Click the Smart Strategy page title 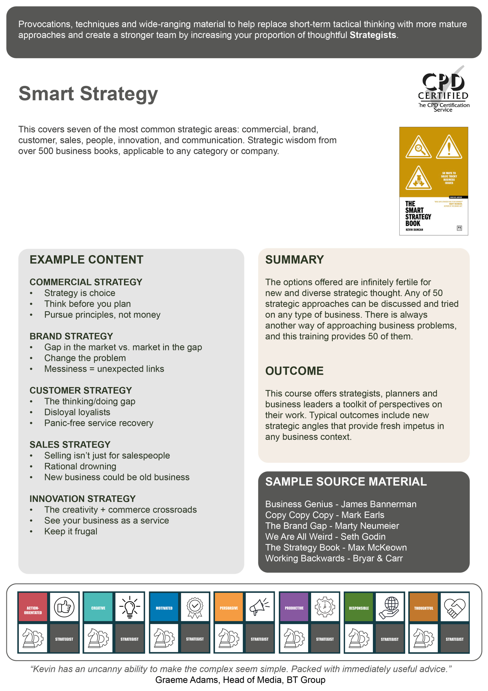(88, 94)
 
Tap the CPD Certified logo (444, 89)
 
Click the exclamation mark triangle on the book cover (449, 147)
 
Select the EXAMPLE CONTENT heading (86, 260)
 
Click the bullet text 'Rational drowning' (80, 466)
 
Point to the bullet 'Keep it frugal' (71, 531)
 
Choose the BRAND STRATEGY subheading (71, 336)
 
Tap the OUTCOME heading (294, 371)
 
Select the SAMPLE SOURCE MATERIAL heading (346, 482)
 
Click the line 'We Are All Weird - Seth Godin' (325, 537)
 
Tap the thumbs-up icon (64, 607)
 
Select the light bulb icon (130, 607)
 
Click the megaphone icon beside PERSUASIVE (259, 607)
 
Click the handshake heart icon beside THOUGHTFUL (454, 607)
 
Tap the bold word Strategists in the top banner (373, 35)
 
